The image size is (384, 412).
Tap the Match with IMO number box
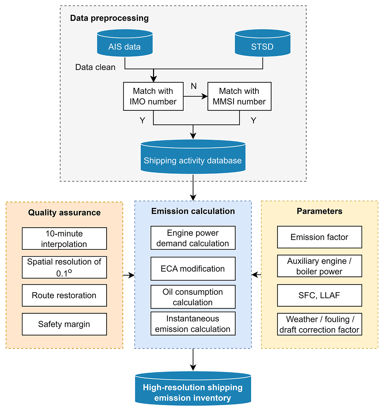(153, 96)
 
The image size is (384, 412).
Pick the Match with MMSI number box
(239, 96)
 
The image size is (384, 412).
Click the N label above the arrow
(194, 86)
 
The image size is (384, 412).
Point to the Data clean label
(95, 67)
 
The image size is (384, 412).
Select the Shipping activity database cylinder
(193, 157)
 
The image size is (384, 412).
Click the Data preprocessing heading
(109, 18)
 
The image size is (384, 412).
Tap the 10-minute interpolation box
(64, 239)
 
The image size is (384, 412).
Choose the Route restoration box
(64, 295)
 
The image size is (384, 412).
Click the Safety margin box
(64, 324)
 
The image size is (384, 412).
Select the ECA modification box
(193, 269)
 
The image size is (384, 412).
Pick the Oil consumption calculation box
(193, 297)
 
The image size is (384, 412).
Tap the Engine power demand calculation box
(193, 238)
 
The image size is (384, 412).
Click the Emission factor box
(319, 237)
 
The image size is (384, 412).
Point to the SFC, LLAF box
(319, 295)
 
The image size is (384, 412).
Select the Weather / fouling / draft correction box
(319, 324)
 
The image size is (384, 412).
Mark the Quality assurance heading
(64, 213)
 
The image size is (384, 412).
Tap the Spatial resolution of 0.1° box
(64, 267)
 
